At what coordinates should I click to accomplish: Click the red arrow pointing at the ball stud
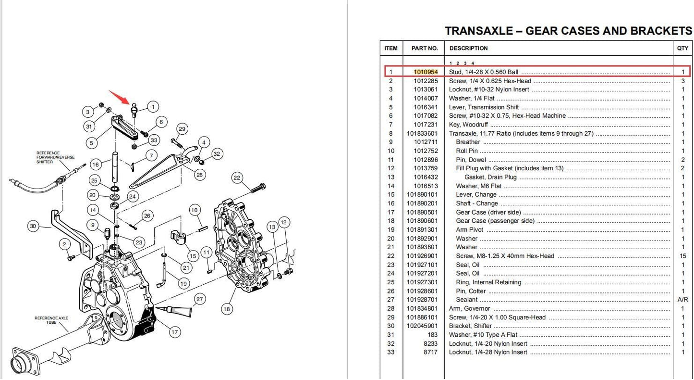[x=119, y=97]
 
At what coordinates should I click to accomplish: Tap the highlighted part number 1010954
[x=426, y=72]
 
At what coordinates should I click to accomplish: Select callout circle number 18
[x=227, y=309]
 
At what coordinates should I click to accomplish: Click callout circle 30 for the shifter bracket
[x=33, y=226]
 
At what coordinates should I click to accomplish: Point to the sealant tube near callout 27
[x=173, y=311]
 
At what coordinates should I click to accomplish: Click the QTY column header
[x=682, y=49]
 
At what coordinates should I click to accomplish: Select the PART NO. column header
[x=425, y=49]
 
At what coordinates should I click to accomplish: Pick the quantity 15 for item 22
[x=682, y=256]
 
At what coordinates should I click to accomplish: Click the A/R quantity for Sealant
[x=682, y=300]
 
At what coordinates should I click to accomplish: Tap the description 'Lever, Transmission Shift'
[x=484, y=107]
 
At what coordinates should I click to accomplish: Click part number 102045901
[x=422, y=326]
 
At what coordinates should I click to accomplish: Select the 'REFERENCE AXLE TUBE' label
[x=51, y=320]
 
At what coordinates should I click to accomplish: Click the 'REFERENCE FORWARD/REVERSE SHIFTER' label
[x=55, y=157]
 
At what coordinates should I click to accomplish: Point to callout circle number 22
[x=237, y=178]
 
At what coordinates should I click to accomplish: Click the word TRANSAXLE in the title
[x=479, y=31]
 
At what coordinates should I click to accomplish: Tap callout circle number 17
[x=175, y=332]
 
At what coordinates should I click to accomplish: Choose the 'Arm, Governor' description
[x=469, y=309]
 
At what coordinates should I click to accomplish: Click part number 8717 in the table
[x=431, y=353]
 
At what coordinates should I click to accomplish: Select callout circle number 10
[x=194, y=210]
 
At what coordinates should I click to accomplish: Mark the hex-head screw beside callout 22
[x=258, y=188]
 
